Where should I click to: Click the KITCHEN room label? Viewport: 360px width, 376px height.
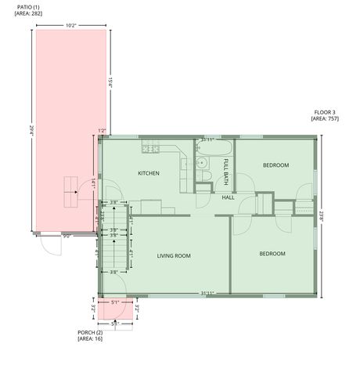[149, 172]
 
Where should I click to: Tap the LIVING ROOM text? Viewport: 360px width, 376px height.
[174, 255]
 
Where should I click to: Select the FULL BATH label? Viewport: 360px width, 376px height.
[226, 171]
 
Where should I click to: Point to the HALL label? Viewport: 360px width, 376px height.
[228, 197]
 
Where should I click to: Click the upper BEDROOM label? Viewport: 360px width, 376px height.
[275, 164]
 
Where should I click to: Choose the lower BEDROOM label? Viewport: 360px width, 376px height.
[272, 253]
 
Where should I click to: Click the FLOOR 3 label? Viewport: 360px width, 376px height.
[324, 112]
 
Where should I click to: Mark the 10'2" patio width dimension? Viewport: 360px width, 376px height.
[70, 25]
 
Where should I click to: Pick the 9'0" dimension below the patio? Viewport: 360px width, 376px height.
[67, 235]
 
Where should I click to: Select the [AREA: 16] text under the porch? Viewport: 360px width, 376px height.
[90, 338]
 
